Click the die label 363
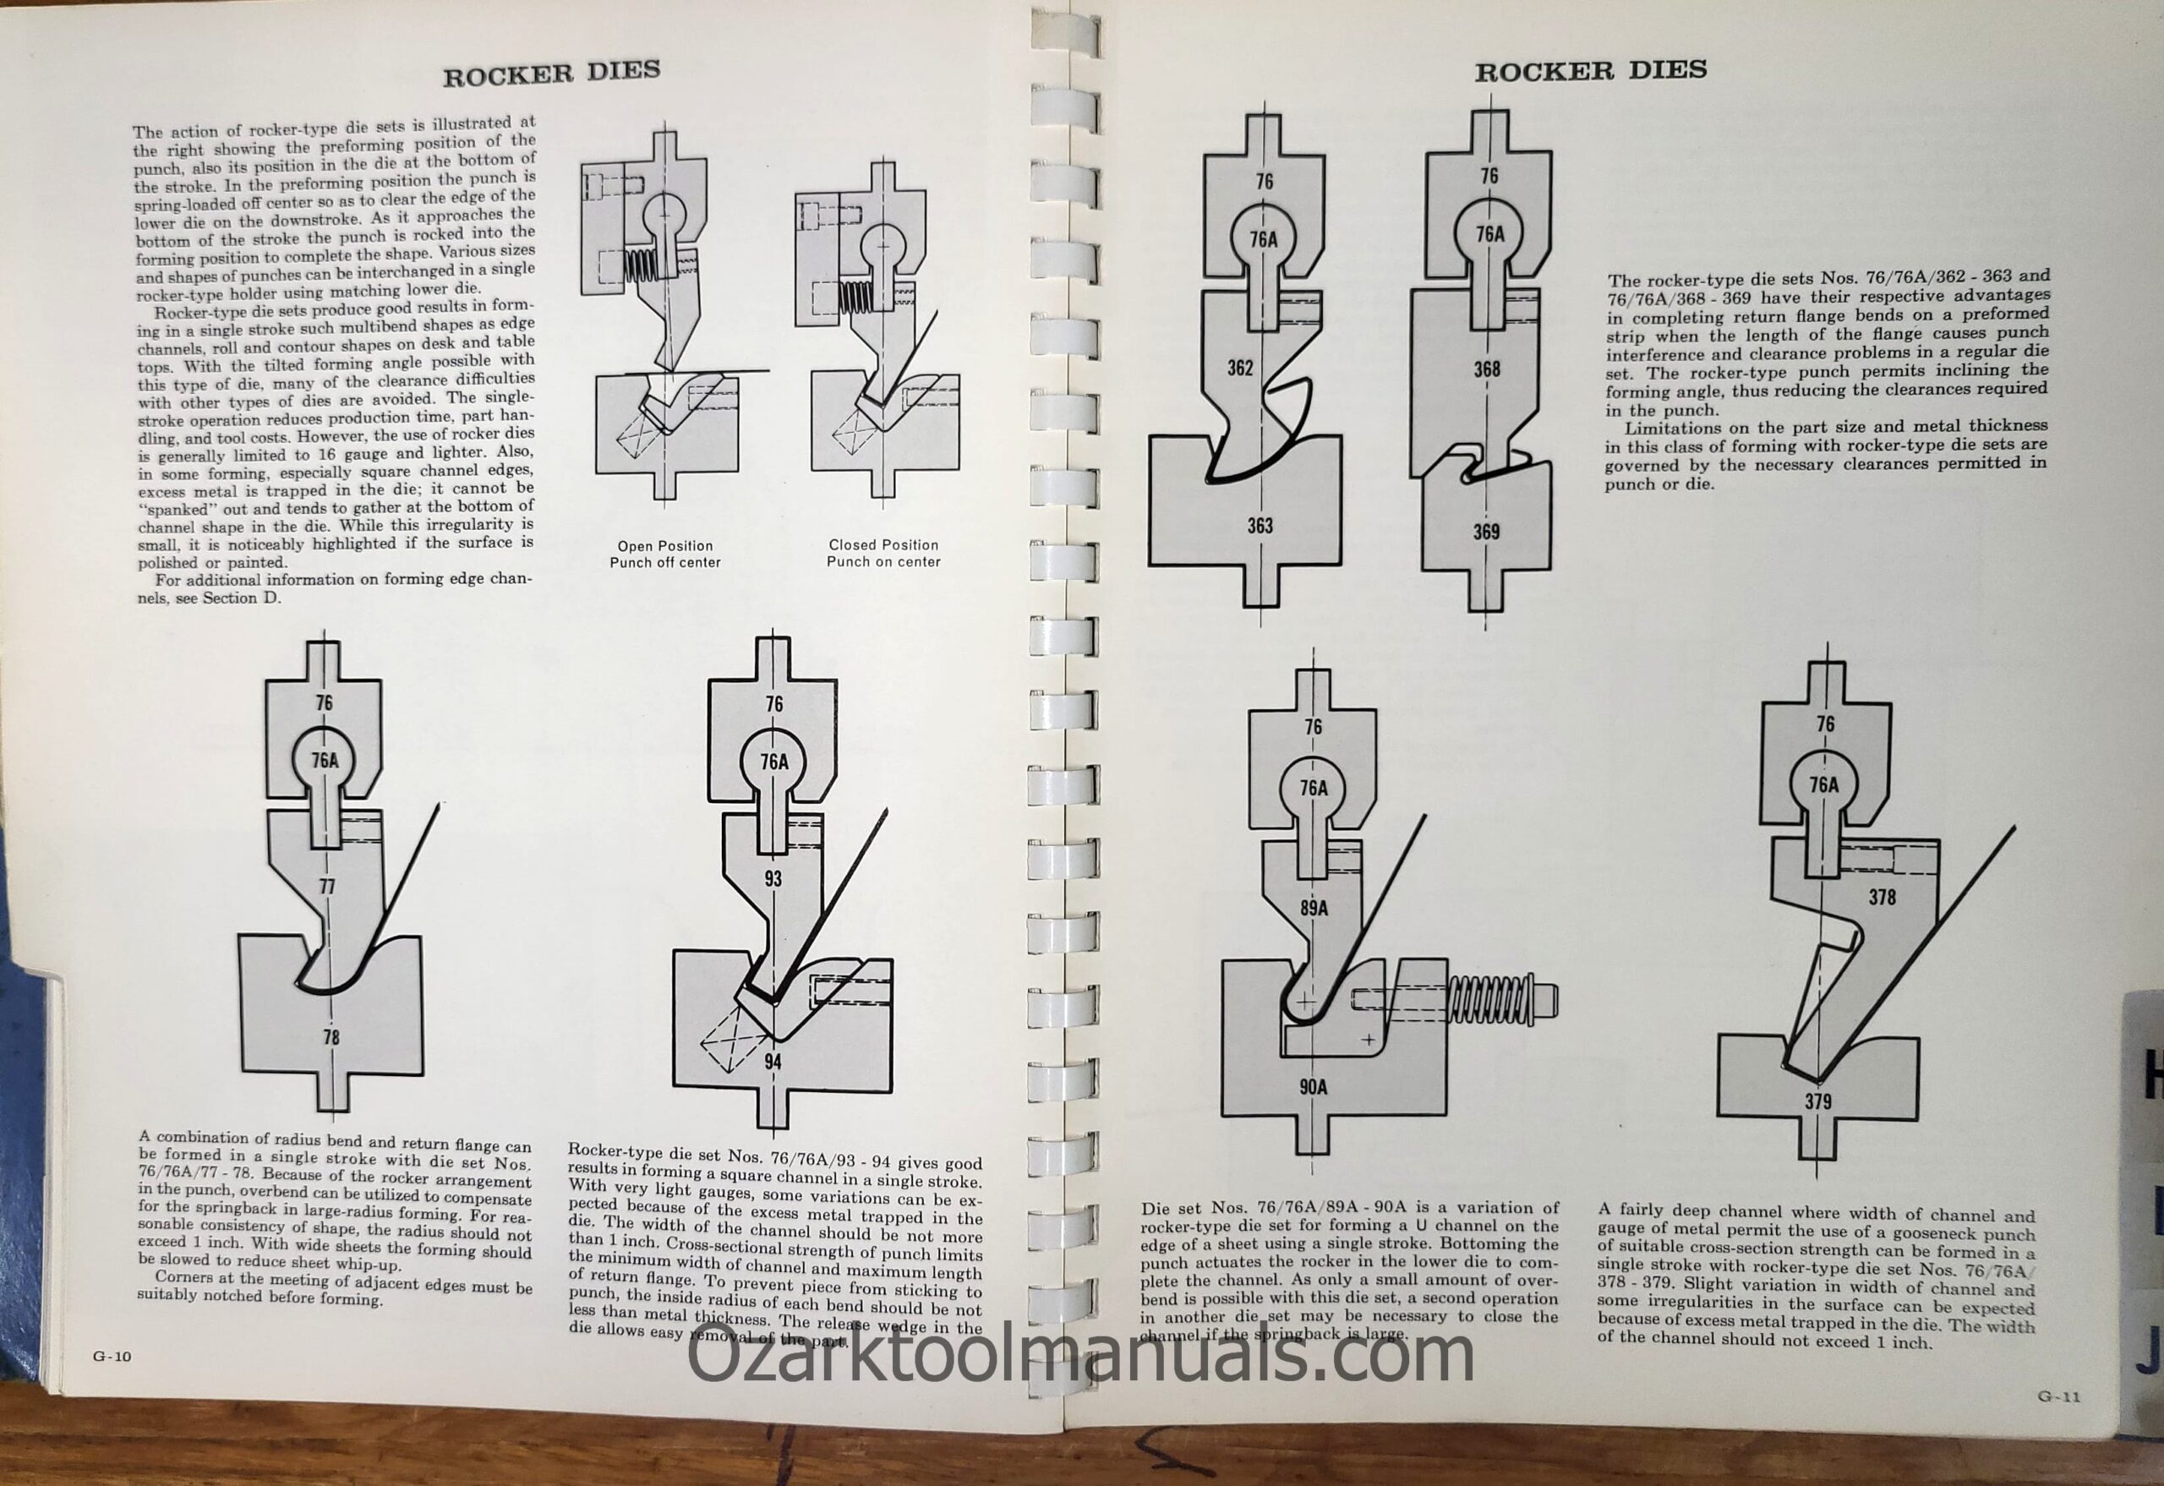[x=1260, y=526]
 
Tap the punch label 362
[x=1240, y=368]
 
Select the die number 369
[x=1486, y=532]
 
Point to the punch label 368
[x=1487, y=369]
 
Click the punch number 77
[x=326, y=887]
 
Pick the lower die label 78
[x=331, y=1037]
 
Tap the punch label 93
[x=773, y=877]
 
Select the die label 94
[x=773, y=1062]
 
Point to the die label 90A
[x=1313, y=1085]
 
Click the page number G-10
[x=112, y=1356]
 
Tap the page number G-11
[x=2057, y=1396]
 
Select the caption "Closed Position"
[x=883, y=544]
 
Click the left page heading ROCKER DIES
[x=551, y=73]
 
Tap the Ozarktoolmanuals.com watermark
[x=1080, y=1358]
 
